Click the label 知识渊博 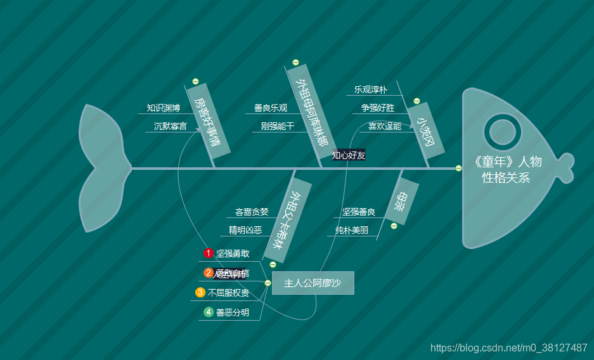click(x=164, y=108)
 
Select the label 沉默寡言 click(x=170, y=126)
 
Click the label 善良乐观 click(x=271, y=108)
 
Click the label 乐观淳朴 click(x=370, y=89)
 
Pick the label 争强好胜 click(x=378, y=108)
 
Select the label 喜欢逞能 click(x=385, y=126)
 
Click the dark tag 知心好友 click(x=349, y=155)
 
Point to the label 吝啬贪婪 click(x=252, y=212)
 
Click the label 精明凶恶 click(x=245, y=230)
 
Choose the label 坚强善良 click(x=359, y=212)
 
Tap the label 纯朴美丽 click(x=352, y=230)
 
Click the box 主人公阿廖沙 click(x=313, y=283)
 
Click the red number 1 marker click(x=209, y=254)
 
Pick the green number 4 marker click(x=209, y=312)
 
